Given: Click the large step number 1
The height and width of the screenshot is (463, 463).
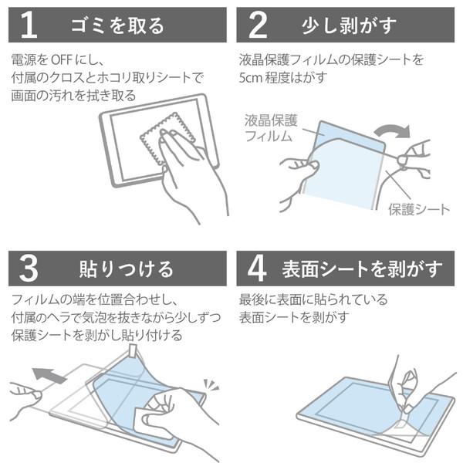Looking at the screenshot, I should coord(29,25).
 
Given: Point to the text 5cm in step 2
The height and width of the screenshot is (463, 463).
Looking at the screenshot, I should coord(251,76).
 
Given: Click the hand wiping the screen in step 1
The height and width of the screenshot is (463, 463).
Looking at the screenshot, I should coord(193,170).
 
